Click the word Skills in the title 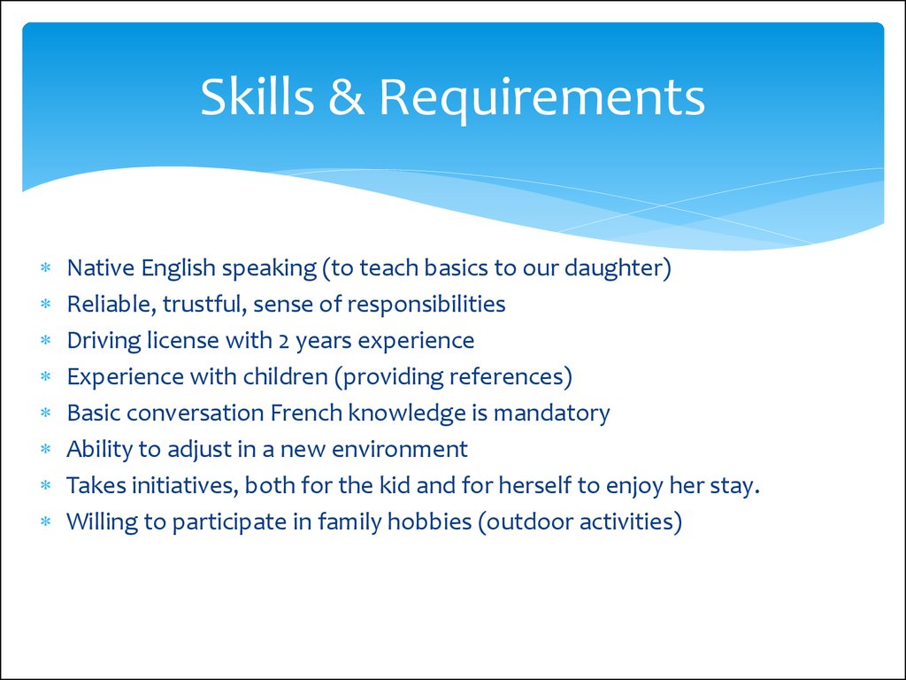pyautogui.click(x=257, y=97)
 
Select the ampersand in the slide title pyautogui.click(x=347, y=97)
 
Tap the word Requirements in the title pyautogui.click(x=542, y=99)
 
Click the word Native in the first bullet pyautogui.click(x=101, y=267)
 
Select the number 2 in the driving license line pyautogui.click(x=284, y=342)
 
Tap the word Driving pyautogui.click(x=104, y=341)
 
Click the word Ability pyautogui.click(x=99, y=450)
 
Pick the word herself pyautogui.click(x=539, y=486)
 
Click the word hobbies pyautogui.click(x=429, y=522)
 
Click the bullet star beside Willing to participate pyautogui.click(x=46, y=522)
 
